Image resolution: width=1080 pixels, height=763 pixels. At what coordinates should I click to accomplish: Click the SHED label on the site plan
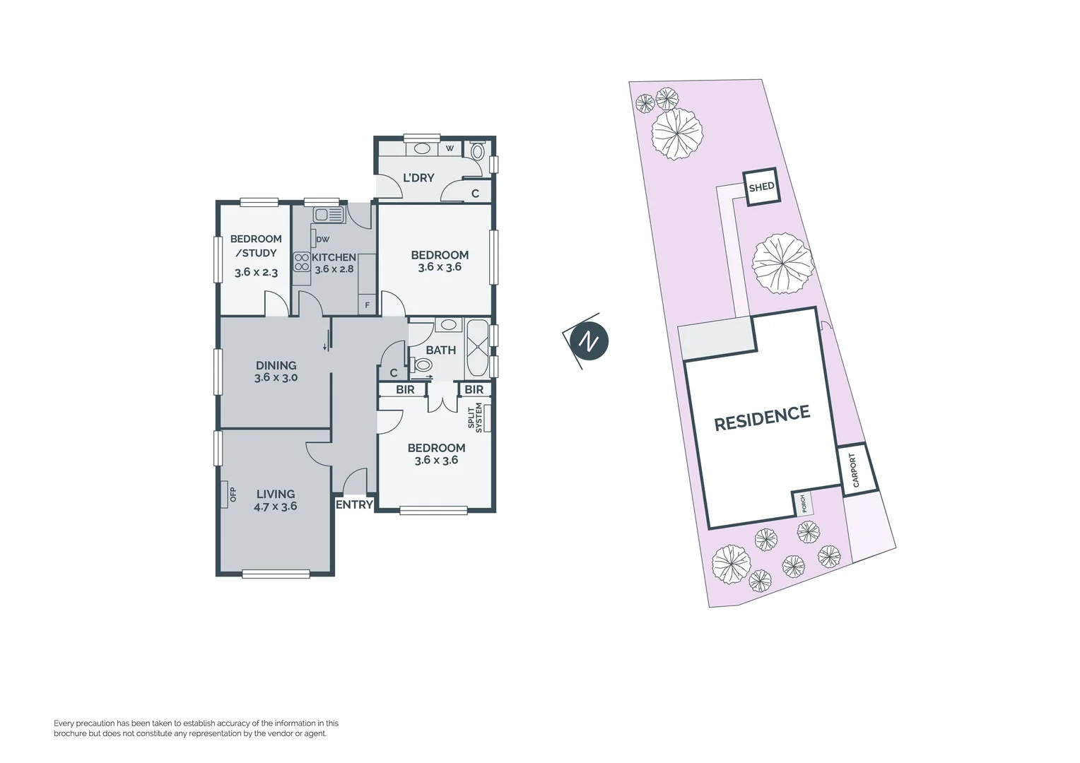pos(761,187)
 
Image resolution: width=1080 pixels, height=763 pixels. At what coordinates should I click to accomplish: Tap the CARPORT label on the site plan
pos(855,470)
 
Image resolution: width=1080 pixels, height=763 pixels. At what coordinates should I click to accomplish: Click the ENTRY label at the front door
pos(354,504)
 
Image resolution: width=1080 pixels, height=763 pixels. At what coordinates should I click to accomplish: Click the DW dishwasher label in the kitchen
pos(322,239)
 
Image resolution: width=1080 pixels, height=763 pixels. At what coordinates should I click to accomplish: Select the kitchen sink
pos(329,214)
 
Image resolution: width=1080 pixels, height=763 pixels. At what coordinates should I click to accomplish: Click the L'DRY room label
pos(418,177)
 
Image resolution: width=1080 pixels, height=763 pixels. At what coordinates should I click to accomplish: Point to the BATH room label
pos(440,350)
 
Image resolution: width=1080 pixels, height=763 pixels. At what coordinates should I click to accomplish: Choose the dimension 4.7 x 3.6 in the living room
pos(276,506)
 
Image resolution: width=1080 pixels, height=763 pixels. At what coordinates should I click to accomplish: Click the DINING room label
pos(276,365)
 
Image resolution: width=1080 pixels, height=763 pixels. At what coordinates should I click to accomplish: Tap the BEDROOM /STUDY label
pos(256,246)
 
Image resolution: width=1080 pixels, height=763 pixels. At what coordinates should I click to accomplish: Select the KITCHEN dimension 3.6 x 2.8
pos(334,269)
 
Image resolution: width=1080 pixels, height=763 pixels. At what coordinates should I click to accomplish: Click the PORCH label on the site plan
pos(803,504)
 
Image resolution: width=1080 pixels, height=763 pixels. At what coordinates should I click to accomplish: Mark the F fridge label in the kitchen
pos(367,305)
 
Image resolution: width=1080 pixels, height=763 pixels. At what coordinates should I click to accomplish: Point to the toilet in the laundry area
pos(476,150)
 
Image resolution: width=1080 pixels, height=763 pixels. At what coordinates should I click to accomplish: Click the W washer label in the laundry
pos(450,148)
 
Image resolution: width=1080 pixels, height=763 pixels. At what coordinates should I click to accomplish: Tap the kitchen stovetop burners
pos(302,262)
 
